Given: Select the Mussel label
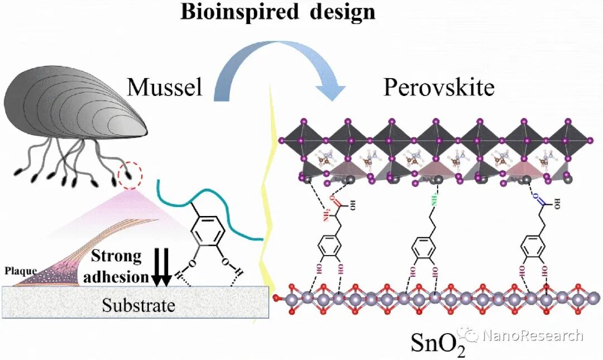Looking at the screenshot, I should click(x=165, y=87).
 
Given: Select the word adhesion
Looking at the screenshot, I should click(x=121, y=276).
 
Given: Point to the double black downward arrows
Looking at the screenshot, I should click(x=162, y=268).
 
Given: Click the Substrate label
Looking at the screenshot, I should click(x=138, y=305).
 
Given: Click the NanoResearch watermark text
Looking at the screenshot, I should click(x=533, y=335).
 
